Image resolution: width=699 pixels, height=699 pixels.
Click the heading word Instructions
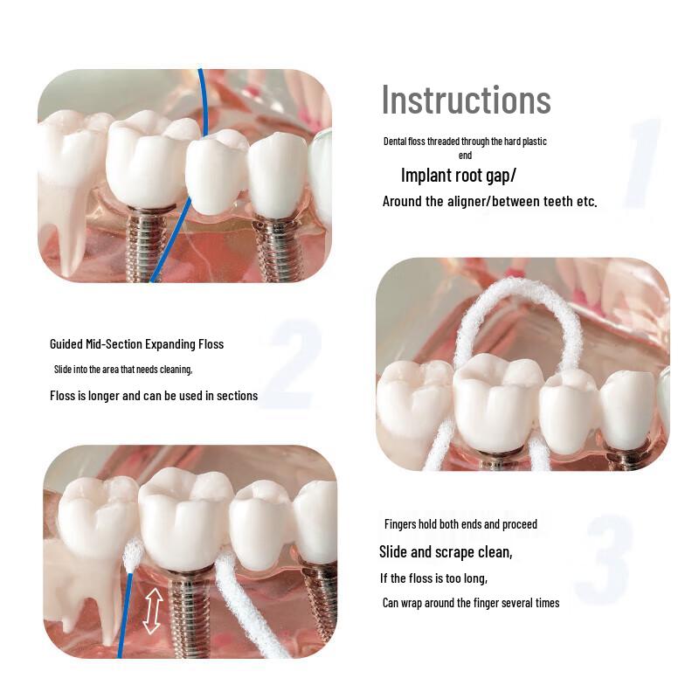coord(466,100)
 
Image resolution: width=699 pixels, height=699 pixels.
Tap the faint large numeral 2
coord(289,367)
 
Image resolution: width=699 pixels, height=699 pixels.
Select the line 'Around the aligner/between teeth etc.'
coord(489,202)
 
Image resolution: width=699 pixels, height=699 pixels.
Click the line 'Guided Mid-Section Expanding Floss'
coord(136,344)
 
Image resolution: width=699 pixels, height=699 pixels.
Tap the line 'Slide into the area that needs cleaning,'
coord(123,369)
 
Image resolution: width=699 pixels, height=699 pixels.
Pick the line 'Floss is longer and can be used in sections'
coord(154,396)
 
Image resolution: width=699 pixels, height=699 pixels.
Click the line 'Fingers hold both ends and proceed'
coord(460,524)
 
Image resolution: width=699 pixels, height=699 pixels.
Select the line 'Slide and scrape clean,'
coord(446,552)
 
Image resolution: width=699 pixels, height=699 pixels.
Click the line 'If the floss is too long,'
coord(433,578)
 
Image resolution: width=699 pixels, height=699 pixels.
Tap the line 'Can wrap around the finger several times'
coord(471,603)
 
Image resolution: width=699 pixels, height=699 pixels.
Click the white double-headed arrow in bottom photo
coord(152,610)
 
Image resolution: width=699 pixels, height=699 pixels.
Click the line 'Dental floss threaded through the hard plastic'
coord(465,141)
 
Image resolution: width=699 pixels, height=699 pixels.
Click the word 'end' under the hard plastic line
coord(465,155)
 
